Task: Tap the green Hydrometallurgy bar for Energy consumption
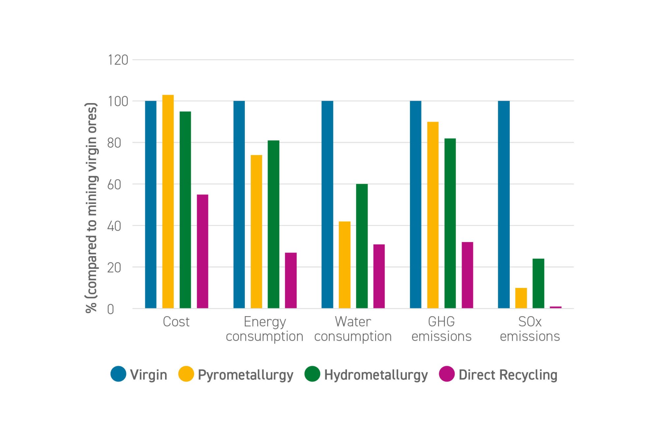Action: pos(273,224)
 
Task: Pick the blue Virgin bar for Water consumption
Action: pos(327,205)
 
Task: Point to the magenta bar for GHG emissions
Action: pos(467,275)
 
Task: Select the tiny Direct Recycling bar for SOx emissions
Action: pos(556,307)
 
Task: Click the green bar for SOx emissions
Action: pos(538,283)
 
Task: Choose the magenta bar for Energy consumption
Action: pos(291,280)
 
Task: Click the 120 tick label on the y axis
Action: pos(118,60)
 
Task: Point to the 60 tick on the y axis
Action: pos(114,185)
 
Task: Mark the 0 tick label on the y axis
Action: pos(111,310)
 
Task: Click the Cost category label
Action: pos(176,322)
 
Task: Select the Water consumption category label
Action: pos(353,329)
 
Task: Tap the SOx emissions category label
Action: pos(530,329)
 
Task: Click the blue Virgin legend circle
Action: pos(118,374)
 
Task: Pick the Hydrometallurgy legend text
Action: pos(376,375)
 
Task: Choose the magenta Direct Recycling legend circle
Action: pos(447,374)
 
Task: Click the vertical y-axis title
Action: pos(91,208)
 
